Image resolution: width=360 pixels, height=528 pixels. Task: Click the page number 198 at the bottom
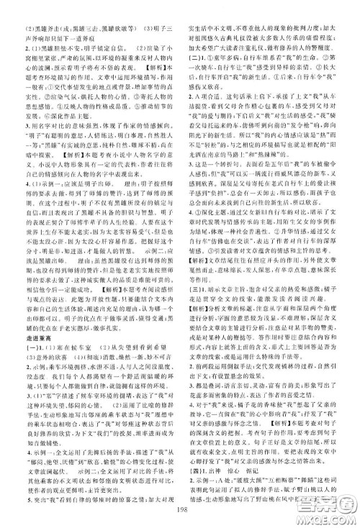tap(179, 513)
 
